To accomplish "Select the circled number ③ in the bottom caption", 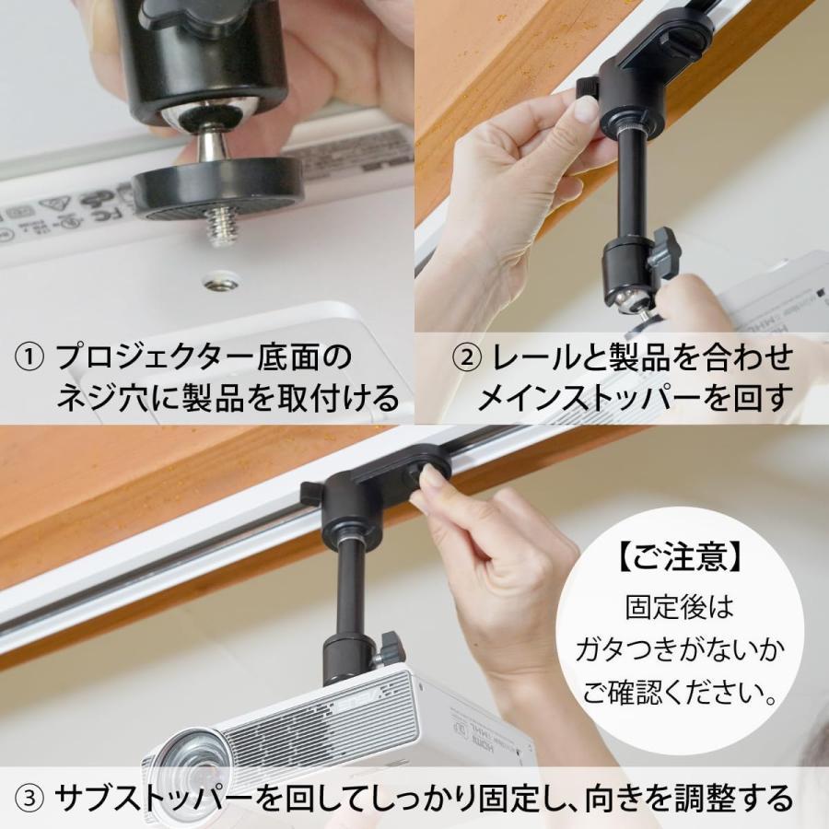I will pos(31,796).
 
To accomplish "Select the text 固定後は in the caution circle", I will pos(679,607).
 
